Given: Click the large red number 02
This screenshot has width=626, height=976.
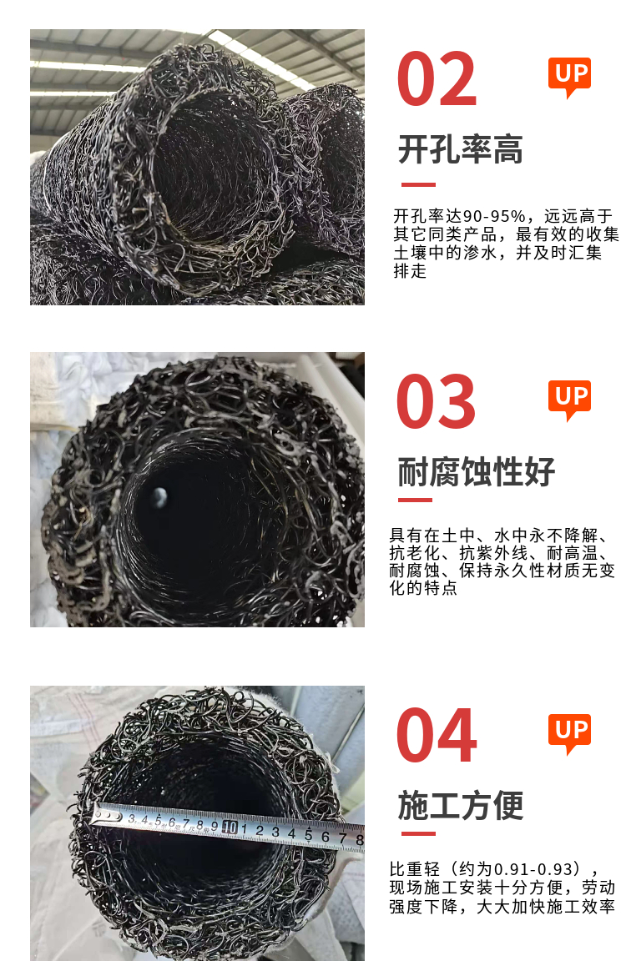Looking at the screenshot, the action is tap(437, 79).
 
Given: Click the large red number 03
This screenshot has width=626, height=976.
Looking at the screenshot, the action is tap(436, 401).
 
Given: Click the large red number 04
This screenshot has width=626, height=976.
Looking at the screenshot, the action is tap(437, 734).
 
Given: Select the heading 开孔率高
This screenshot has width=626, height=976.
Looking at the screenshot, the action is tap(460, 149).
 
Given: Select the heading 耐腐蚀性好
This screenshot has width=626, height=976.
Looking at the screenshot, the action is tap(476, 471).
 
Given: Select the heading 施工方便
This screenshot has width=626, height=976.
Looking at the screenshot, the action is tap(460, 806).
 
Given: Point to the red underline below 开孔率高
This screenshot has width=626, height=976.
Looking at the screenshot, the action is tap(418, 184).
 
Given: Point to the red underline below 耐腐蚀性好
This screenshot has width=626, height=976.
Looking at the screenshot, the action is tap(415, 499).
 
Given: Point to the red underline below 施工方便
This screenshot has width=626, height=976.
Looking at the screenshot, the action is tap(418, 833).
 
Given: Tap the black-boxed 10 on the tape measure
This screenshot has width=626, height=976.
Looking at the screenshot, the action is tap(230, 828).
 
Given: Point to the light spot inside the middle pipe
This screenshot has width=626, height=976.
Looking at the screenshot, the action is tap(159, 496).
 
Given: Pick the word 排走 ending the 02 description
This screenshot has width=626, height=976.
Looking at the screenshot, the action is tap(410, 271).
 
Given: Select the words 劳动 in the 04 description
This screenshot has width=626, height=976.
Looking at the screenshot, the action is tap(598, 887).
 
